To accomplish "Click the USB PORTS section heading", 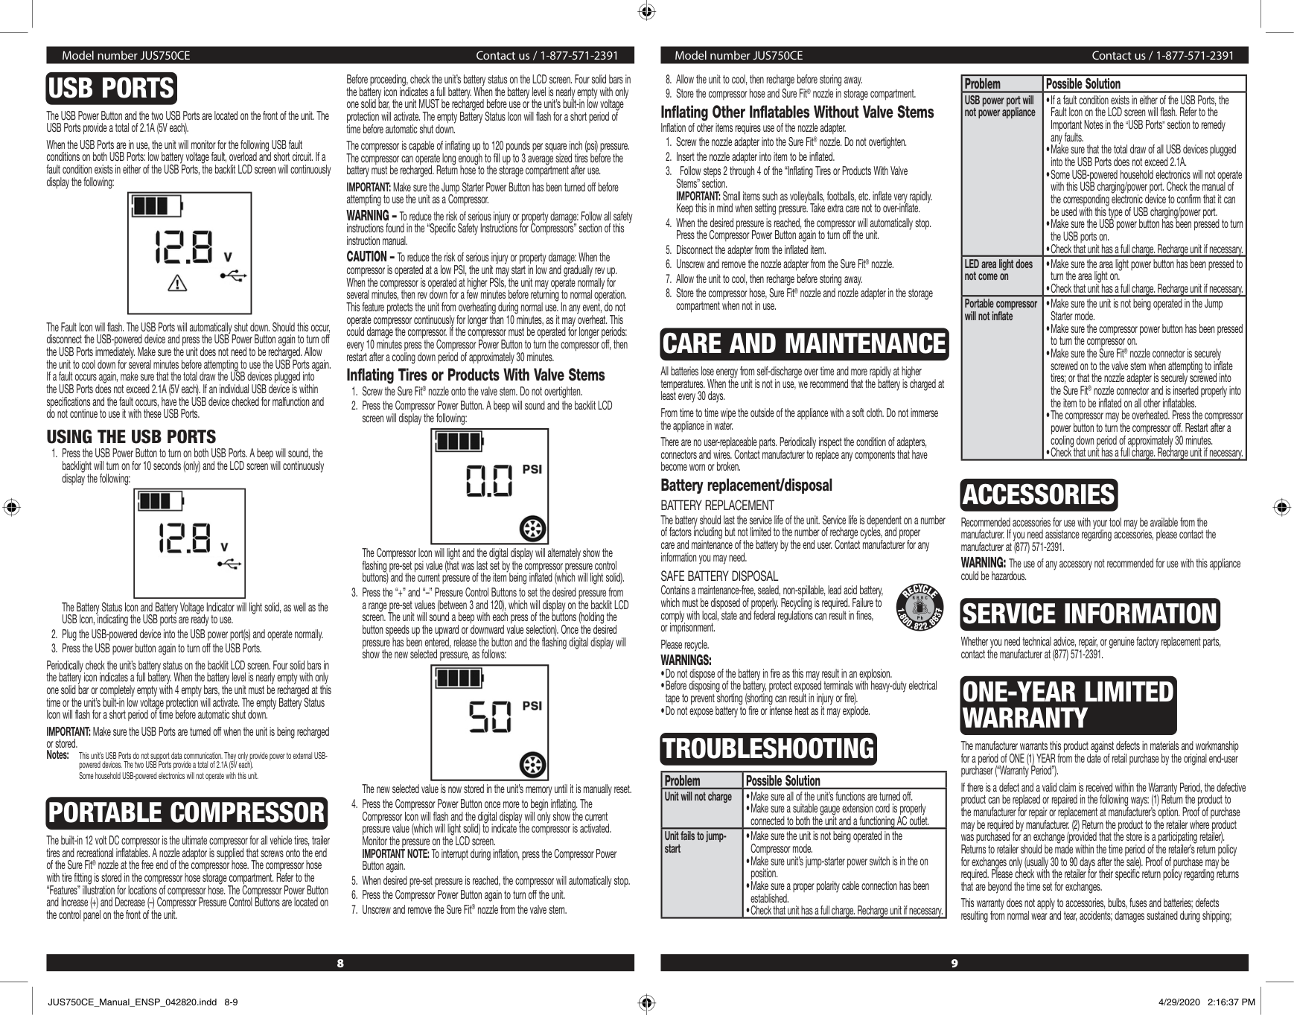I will pyautogui.click(x=111, y=89).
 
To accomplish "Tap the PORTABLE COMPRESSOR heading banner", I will pyautogui.click(x=187, y=812).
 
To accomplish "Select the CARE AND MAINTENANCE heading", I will pyautogui.click(x=804, y=344).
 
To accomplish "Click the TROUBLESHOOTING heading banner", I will pyautogui.click(x=768, y=749).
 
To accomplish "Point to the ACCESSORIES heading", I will pyautogui.click(x=1039, y=495).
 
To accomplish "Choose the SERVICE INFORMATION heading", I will pyautogui.click(x=1090, y=614).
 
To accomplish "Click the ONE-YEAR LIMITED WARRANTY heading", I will pyautogui.click(x=1068, y=705).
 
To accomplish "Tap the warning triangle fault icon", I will pyautogui.click(x=177, y=283).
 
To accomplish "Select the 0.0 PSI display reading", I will pyautogui.click(x=489, y=480).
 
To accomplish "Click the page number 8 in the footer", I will pyautogui.click(x=340, y=963).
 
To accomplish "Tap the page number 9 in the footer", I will pyautogui.click(x=954, y=963).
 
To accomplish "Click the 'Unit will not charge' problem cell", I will pyautogui.click(x=698, y=797).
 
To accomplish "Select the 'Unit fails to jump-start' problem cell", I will pyautogui.click(x=695, y=842).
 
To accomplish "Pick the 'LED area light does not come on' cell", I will pyautogui.click(x=998, y=270).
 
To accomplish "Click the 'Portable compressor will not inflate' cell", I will pyautogui.click(x=1000, y=310).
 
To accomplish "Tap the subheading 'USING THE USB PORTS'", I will pyautogui.click(x=131, y=437).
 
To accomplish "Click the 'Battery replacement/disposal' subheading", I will pyautogui.click(x=746, y=486).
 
